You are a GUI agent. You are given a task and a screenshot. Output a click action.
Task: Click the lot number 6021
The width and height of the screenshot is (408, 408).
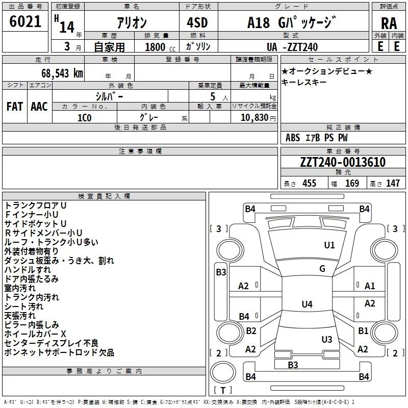point(25,21)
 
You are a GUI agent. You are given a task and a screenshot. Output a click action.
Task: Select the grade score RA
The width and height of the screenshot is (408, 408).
point(389,23)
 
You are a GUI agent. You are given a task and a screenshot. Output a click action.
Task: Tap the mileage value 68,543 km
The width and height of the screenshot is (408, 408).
point(62,73)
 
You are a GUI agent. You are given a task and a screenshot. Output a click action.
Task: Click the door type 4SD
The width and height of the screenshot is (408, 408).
point(197,22)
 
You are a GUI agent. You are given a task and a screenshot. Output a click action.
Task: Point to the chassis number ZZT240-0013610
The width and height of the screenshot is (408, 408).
point(343,162)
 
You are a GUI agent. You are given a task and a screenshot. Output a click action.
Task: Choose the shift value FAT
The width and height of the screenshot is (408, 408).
point(15,107)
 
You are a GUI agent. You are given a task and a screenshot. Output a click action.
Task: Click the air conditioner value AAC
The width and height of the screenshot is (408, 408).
point(39,107)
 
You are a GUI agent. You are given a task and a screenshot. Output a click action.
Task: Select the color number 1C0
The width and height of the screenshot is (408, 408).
point(85,118)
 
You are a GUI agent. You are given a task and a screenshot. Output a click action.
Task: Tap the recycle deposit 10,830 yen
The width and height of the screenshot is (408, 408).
point(258,118)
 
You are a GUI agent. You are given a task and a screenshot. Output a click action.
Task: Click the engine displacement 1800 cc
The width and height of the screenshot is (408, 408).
point(160,47)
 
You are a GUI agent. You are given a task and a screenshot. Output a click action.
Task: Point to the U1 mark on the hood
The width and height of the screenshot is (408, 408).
point(329,245)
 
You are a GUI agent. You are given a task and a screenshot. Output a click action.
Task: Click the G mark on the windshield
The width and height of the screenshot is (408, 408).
point(322,269)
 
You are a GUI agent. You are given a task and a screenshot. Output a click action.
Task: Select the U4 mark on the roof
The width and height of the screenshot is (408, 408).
point(307,304)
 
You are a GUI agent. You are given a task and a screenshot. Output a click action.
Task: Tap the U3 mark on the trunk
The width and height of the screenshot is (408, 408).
point(327,339)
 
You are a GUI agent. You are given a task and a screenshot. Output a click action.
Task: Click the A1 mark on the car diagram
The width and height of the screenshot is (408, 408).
point(370,286)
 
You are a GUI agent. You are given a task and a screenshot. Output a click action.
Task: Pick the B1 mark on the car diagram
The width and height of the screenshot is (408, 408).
point(363,330)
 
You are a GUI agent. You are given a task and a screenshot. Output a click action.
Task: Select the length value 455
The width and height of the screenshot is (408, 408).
point(310,183)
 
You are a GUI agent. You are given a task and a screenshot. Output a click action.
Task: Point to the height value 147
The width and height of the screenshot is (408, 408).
point(393,183)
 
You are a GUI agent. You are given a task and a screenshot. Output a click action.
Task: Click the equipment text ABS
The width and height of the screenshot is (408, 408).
point(293,138)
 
